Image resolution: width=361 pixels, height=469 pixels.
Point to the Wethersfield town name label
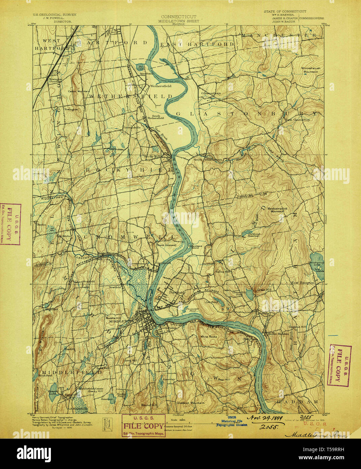(x=161, y=86)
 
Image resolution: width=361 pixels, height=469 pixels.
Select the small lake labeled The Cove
(x=140, y=66)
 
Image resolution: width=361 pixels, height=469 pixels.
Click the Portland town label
(x=177, y=292)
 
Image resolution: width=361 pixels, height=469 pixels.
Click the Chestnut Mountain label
(x=190, y=403)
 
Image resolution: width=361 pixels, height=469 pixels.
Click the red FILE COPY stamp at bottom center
(x=144, y=425)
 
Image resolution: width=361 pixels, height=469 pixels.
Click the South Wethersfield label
(x=158, y=117)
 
